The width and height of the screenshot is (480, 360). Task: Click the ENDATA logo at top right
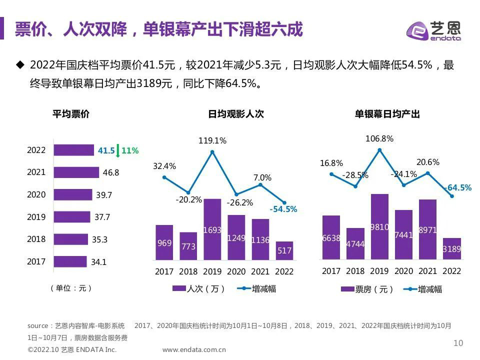[433, 30]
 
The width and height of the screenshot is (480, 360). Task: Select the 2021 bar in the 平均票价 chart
[76, 172]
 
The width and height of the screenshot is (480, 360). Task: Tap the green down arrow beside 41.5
[118, 150]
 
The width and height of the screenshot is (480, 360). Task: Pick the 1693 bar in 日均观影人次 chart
[212, 229]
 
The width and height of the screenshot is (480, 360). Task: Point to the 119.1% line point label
[212, 141]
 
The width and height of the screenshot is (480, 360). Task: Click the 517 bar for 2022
[284, 250]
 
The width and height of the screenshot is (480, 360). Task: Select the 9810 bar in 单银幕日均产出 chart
[379, 226]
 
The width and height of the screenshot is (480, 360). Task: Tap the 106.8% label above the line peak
[380, 139]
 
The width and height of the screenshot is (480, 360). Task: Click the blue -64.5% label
[457, 187]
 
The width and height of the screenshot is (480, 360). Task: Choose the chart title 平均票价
[71, 114]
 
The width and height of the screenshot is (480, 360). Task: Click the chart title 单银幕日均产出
[387, 114]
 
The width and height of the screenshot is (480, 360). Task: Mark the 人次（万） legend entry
[198, 289]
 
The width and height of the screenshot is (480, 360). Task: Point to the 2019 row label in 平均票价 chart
[36, 217]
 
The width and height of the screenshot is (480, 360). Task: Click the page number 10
[458, 343]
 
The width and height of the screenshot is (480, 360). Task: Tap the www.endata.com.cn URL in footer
[194, 350]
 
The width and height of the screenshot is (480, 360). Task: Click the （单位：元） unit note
[71, 288]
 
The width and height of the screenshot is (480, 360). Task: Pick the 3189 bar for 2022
[452, 248]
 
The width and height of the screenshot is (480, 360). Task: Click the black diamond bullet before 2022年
[20, 64]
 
